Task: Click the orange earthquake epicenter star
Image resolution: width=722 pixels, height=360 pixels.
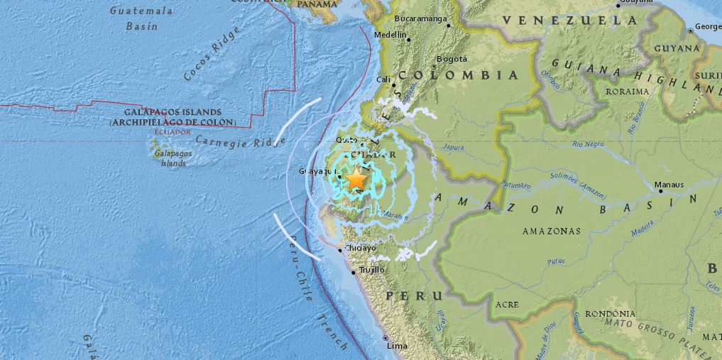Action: pos(356,181)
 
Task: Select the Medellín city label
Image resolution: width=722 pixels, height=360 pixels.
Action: pos(390,34)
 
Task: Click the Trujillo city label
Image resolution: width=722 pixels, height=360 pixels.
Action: pos(371,270)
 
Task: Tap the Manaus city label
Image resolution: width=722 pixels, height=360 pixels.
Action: pos(669,185)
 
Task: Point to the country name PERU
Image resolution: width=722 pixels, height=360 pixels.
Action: pos(413,295)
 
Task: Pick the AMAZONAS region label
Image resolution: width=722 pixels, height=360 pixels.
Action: pos(551,231)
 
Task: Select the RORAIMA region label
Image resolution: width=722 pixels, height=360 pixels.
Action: pos(627,92)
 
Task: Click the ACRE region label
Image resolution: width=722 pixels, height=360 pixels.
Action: pos(507,304)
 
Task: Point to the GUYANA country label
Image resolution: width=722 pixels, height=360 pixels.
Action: pos(676,48)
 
